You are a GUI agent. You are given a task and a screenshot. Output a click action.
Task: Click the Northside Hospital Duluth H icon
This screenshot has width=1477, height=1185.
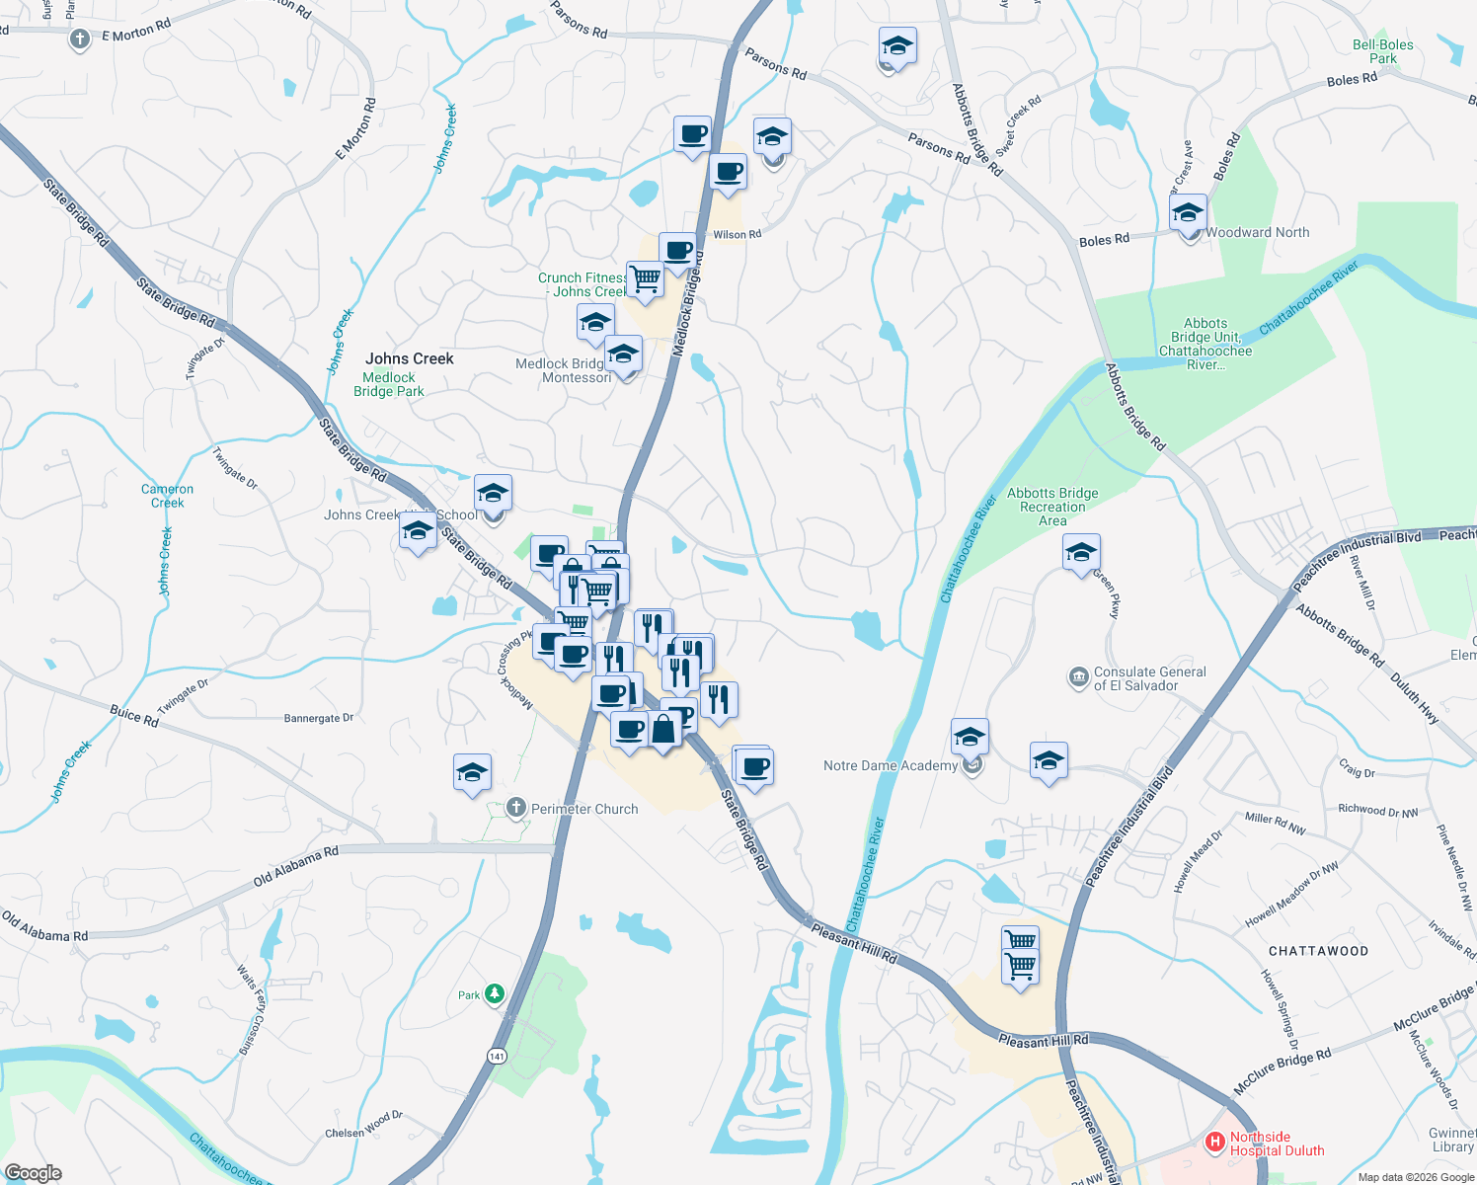click(1215, 1143)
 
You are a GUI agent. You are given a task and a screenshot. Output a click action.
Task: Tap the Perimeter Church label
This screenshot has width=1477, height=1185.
click(584, 809)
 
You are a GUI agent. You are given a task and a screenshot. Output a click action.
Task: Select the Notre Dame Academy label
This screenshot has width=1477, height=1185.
click(890, 765)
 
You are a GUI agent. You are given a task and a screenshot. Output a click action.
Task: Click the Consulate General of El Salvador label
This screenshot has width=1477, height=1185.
click(1149, 678)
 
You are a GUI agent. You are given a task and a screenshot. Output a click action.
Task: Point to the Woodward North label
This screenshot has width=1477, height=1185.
click(1258, 233)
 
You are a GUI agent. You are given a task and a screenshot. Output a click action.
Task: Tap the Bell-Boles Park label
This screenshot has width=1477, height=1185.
click(1382, 51)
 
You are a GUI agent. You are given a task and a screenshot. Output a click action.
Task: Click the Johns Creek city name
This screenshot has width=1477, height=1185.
click(410, 358)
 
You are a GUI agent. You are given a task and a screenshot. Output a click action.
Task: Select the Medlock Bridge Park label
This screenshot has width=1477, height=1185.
click(389, 384)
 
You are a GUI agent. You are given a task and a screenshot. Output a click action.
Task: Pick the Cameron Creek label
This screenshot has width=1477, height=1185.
click(168, 496)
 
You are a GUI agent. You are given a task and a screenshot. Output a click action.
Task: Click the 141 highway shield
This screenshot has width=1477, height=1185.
click(497, 1057)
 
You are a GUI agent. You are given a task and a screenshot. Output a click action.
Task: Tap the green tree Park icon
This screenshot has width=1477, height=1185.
click(495, 994)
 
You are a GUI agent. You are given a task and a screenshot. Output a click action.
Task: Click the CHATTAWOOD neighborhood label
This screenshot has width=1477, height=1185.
click(1318, 951)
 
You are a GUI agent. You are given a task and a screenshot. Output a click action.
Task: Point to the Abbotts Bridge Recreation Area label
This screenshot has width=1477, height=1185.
click(1052, 507)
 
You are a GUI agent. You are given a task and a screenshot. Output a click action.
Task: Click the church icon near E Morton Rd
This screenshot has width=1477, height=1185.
click(80, 39)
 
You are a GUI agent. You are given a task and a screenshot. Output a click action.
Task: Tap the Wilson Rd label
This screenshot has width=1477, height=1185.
click(737, 234)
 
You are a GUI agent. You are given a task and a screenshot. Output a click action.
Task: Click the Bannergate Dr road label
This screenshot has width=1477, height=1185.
click(318, 718)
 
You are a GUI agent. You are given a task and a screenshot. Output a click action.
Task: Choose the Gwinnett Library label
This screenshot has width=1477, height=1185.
click(1452, 1140)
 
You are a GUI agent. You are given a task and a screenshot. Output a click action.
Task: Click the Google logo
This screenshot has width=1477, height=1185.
click(33, 1172)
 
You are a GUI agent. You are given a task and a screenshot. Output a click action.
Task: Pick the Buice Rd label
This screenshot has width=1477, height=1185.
click(133, 715)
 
